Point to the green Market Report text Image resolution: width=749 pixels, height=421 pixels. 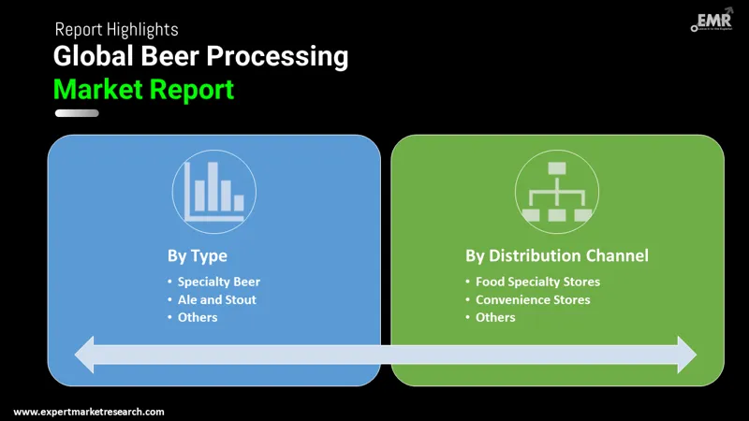pyautogui.click(x=143, y=90)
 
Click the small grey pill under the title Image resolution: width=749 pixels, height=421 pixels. pyautogui.click(x=77, y=113)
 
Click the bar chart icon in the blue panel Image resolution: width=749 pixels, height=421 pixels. pyautogui.click(x=214, y=190)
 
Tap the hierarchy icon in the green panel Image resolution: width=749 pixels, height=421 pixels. pyautogui.click(x=557, y=192)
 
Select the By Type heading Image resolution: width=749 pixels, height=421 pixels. pyautogui.click(x=197, y=255)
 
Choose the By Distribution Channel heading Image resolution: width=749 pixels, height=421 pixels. pyautogui.click(x=557, y=255)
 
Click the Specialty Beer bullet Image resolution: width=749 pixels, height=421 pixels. pyautogui.click(x=219, y=282)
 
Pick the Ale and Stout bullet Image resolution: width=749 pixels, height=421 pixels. pyautogui.click(x=216, y=299)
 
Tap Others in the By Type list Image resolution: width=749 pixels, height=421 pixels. pyautogui.click(x=198, y=317)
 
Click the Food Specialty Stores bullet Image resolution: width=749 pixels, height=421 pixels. pyautogui.click(x=537, y=282)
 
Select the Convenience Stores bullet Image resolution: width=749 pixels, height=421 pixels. pyautogui.click(x=533, y=299)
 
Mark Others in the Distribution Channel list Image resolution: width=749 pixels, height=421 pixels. pyautogui.click(x=495, y=317)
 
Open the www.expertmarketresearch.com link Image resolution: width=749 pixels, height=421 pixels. pyautogui.click(x=89, y=412)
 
